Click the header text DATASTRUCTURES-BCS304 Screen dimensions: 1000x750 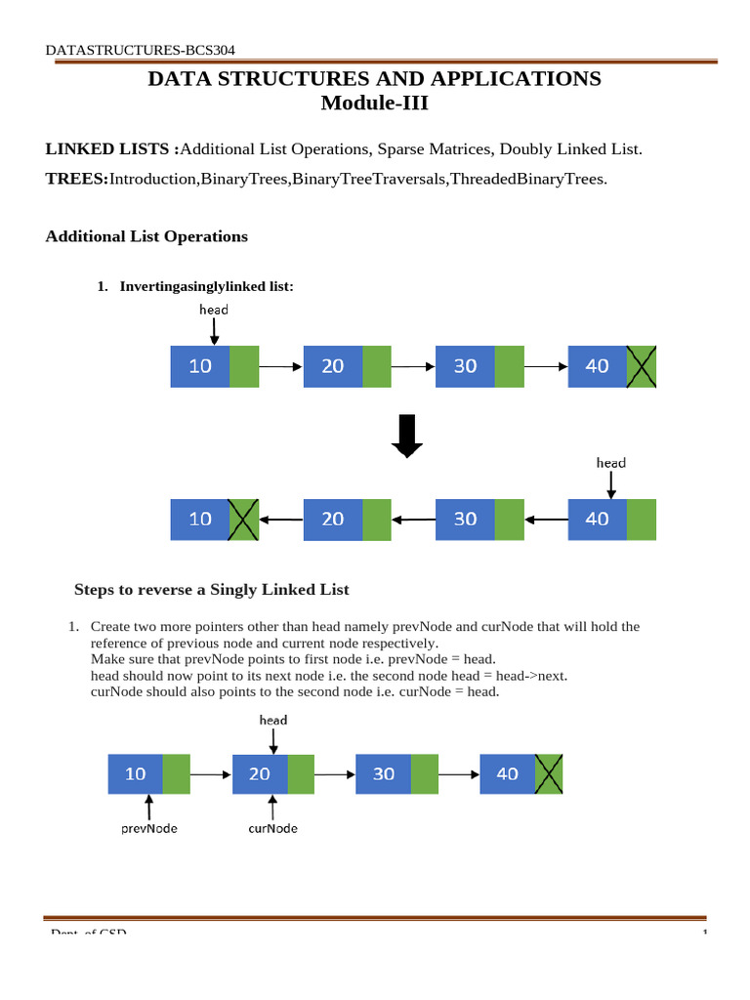[141, 50]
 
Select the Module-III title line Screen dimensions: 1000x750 [374, 103]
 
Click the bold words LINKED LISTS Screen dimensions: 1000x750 [111, 149]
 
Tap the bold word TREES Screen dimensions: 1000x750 [77, 179]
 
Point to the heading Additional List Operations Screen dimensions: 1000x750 [146, 236]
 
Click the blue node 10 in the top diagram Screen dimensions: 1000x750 [200, 366]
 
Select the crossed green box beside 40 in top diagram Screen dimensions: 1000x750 [642, 366]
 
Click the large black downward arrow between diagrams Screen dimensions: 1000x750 [406, 436]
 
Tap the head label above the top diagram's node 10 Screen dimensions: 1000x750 [214, 310]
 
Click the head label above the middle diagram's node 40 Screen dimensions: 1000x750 [611, 463]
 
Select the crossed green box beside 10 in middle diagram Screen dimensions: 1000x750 [244, 520]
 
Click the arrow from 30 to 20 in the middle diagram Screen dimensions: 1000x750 [413, 520]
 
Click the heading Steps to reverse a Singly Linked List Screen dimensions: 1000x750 [212, 590]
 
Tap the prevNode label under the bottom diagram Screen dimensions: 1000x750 [148, 828]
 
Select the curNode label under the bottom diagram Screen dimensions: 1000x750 [273, 828]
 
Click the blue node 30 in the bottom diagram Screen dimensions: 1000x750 [384, 773]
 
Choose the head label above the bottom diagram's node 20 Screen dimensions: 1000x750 [273, 720]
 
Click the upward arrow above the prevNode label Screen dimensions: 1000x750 [149, 807]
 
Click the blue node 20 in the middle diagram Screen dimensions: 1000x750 [333, 520]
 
